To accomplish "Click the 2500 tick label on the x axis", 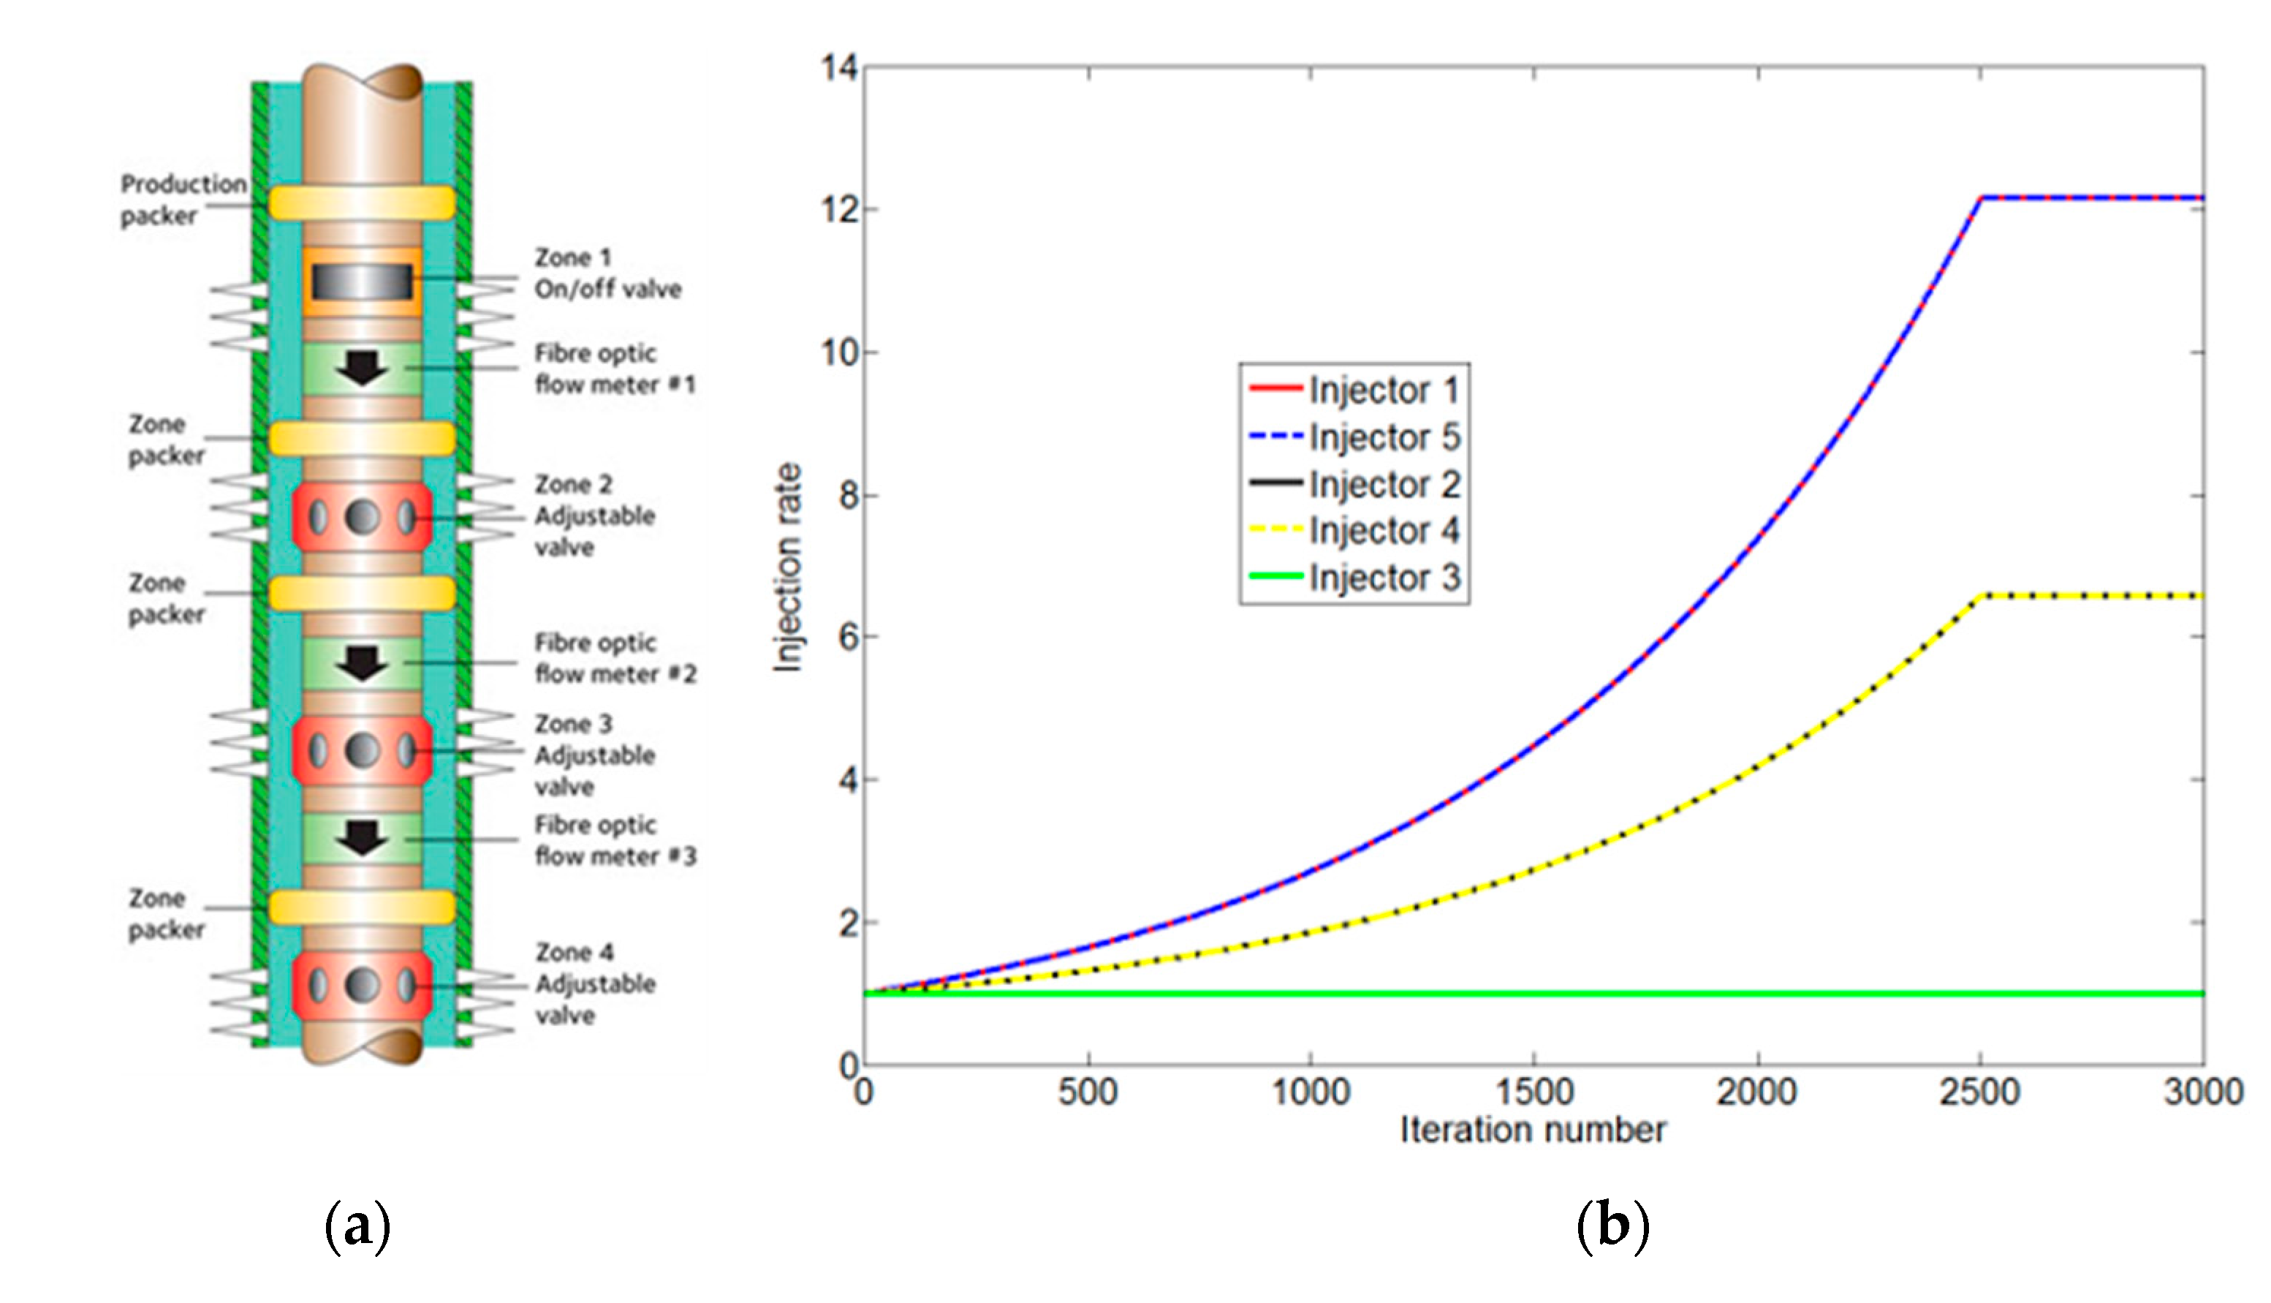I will point(1979,1092).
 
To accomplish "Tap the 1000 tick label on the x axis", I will point(1311,1092).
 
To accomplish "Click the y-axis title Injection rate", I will point(788,567).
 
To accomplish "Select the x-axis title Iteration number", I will point(1533,1130).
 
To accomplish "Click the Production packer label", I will point(183,200).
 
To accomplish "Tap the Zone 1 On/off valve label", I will point(607,273).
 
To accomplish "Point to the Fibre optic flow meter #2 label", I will point(615,659).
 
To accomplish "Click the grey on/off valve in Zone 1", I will point(363,282).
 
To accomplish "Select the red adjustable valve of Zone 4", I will point(363,986).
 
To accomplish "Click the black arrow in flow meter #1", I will point(363,367).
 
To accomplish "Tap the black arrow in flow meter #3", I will point(363,838).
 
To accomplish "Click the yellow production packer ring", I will point(363,203).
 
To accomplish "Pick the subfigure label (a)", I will point(357,1227).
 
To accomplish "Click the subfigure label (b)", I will point(1612,1227).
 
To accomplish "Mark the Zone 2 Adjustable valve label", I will point(595,515).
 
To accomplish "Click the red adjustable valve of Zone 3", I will point(363,750).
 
